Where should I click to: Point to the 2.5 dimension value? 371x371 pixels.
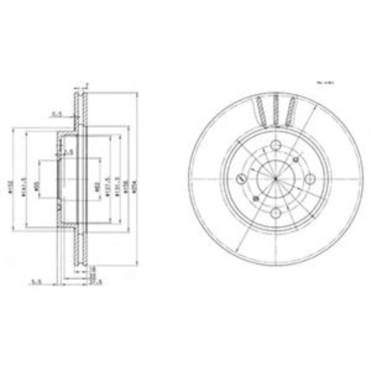click(x=68, y=153)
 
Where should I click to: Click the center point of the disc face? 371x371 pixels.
click(x=276, y=179)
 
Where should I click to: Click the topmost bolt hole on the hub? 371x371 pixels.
click(x=276, y=146)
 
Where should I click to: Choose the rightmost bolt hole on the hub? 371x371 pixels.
click(x=309, y=179)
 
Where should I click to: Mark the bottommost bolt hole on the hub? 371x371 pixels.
click(x=276, y=213)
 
